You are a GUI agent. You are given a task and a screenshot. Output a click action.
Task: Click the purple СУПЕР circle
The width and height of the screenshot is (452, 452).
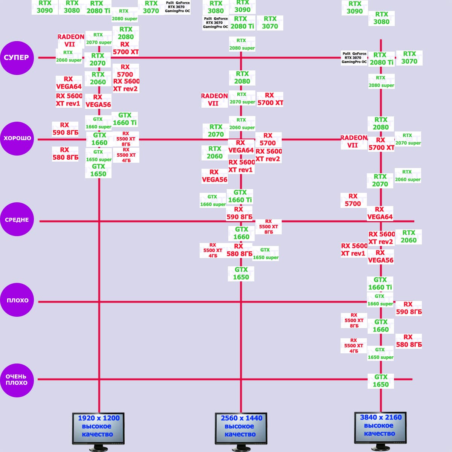pos(17,58)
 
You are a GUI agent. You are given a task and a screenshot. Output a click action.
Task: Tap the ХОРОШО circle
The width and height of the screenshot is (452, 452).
pos(17,138)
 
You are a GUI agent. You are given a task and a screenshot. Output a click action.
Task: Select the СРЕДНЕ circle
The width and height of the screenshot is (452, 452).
pos(17,220)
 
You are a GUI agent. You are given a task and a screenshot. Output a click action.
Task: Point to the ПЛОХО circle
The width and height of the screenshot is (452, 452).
pos(17,300)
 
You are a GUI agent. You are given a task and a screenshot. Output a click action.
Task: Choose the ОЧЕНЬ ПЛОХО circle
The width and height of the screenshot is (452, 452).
pos(17,380)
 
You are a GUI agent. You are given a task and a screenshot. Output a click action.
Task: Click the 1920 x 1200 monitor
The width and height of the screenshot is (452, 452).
pos(98,428)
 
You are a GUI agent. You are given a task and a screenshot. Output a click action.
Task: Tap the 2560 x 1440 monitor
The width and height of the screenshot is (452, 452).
pos(241,428)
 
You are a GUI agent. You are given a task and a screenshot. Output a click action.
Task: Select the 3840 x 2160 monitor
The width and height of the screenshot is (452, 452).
pos(380,427)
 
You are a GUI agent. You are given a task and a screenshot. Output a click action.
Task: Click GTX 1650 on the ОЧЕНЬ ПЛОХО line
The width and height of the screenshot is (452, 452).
pos(380,381)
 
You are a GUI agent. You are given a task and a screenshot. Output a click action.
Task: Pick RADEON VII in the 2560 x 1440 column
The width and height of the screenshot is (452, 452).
pos(214,99)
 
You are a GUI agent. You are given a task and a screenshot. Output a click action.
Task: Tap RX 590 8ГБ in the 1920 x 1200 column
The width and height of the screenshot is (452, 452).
pos(65,129)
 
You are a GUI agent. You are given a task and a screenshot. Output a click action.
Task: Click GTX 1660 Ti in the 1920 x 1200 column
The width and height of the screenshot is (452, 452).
pos(125,119)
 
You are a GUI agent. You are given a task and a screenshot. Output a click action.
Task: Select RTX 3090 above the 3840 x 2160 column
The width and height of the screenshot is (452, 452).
pos(354,8)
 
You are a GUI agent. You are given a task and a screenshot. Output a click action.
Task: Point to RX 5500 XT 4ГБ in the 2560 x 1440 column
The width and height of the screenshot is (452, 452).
pos(213,250)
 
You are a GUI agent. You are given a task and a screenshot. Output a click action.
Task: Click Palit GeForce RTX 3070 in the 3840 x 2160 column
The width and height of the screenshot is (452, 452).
pos(354,58)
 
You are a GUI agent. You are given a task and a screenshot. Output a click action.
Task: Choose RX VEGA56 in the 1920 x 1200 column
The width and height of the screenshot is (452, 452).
pos(98,101)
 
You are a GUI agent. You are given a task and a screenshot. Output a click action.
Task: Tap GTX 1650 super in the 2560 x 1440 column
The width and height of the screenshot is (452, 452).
pos(266,254)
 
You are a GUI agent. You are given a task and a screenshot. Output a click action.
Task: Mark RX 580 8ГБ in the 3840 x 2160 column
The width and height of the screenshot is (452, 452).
pos(408,341)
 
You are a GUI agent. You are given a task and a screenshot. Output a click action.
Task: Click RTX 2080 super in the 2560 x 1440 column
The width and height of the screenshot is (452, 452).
pos(242,44)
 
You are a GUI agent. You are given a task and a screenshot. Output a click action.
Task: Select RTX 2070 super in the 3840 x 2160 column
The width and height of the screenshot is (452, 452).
pos(408,139)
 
